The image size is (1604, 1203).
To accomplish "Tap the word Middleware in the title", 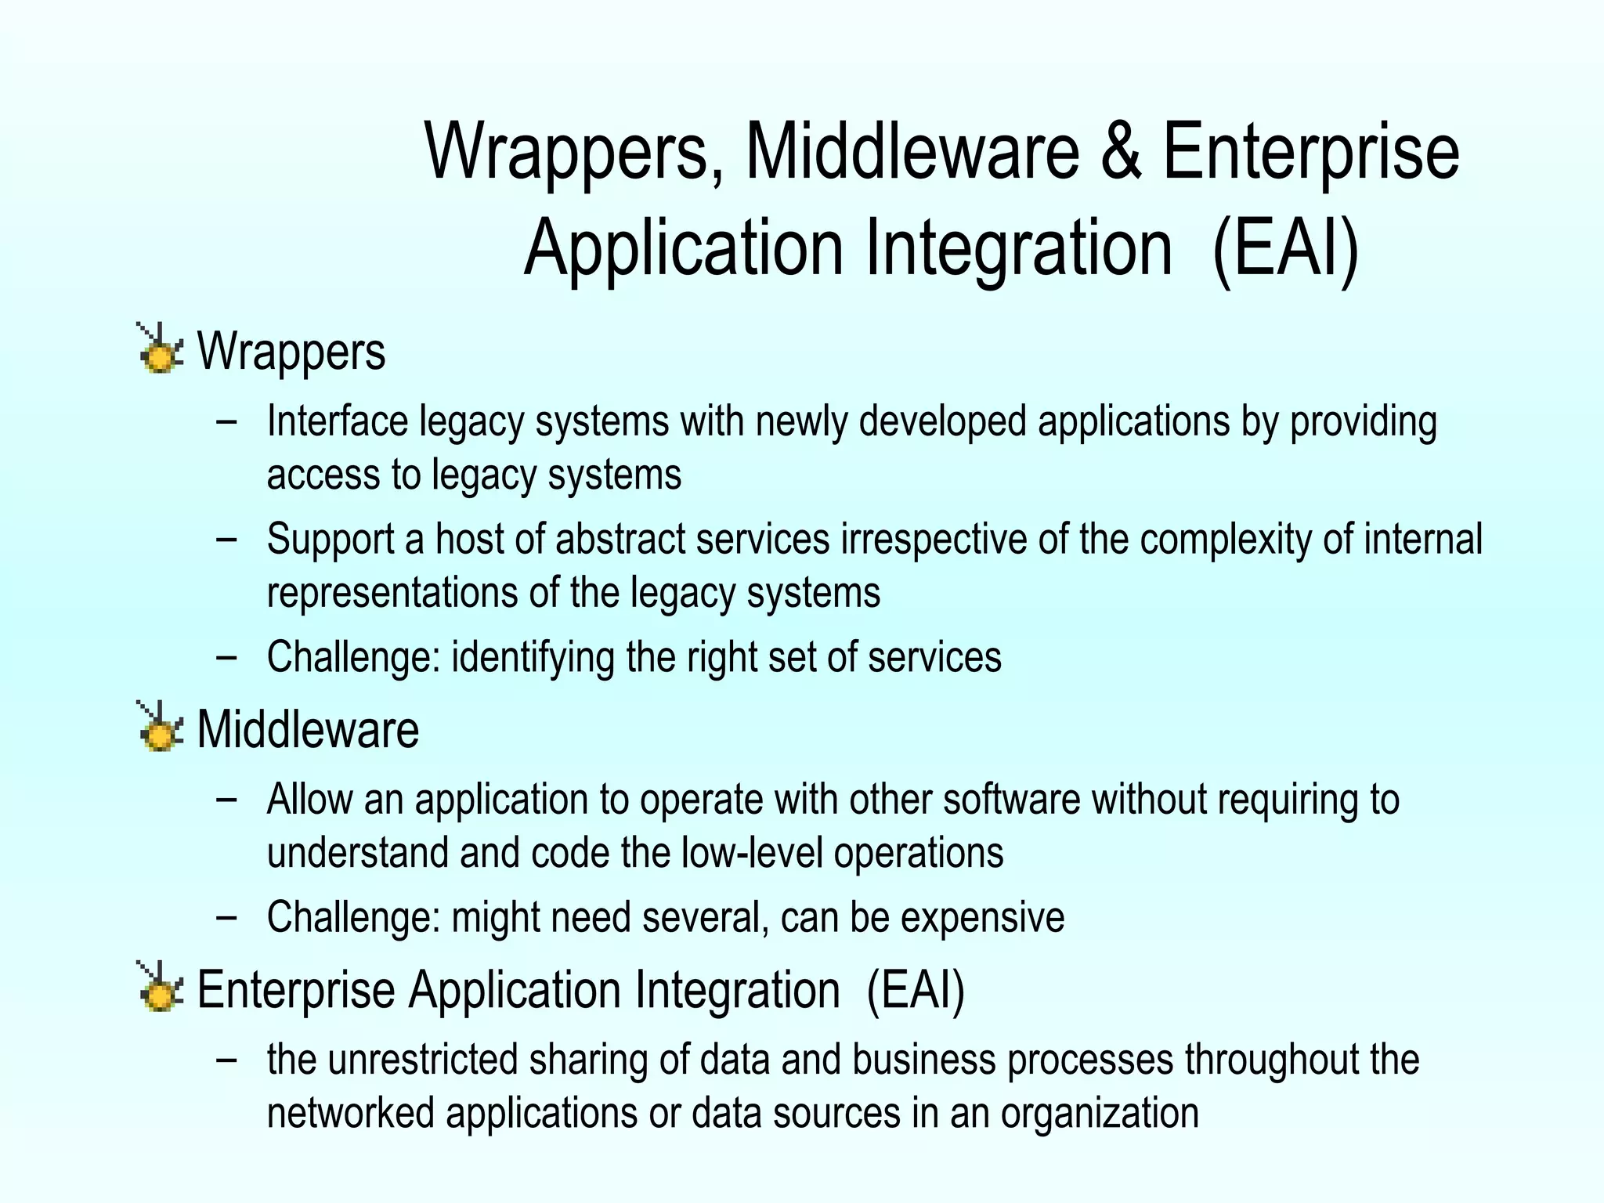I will tap(912, 151).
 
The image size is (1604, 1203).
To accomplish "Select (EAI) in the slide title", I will tap(1284, 248).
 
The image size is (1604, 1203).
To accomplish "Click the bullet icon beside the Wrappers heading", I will tap(160, 349).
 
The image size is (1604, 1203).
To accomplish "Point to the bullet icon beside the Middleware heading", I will tap(160, 728).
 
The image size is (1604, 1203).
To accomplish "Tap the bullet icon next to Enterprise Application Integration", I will tap(160, 987).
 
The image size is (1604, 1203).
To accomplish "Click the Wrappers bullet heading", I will tap(291, 352).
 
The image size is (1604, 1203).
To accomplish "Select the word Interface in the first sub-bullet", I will tap(338, 421).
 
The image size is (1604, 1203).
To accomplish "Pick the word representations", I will tap(392, 593).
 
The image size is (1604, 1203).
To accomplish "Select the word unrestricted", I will tap(422, 1060).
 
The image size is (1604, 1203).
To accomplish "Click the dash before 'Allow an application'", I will tap(226, 800).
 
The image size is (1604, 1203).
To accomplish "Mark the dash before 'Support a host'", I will tap(226, 540).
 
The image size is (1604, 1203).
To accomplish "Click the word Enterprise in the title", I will tap(1310, 151).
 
